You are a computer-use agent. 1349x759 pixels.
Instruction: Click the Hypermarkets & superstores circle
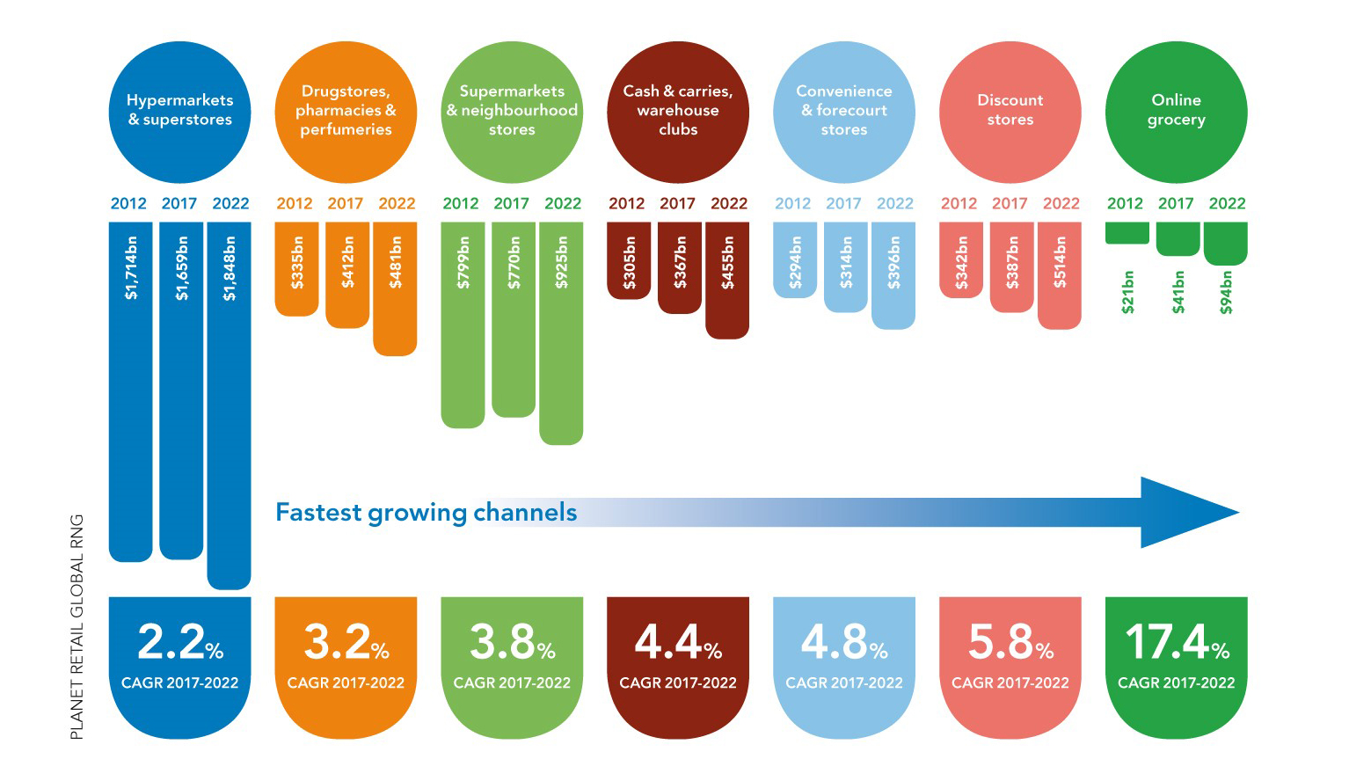[x=179, y=112]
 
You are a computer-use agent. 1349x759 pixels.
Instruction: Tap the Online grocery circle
[x=1176, y=112]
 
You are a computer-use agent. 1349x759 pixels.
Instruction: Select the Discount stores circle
[x=1010, y=112]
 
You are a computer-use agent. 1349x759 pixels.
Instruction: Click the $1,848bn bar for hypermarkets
[x=229, y=405]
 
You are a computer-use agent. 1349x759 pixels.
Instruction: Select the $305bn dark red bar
[x=629, y=260]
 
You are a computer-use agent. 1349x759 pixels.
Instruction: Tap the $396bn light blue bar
[x=893, y=274]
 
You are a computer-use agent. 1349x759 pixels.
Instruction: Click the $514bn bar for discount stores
[x=1060, y=274]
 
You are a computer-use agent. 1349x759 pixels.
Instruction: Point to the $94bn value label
[x=1226, y=292]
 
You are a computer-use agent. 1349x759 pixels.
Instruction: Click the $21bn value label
[x=1127, y=292]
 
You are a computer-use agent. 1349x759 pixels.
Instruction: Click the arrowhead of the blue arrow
[x=1187, y=513]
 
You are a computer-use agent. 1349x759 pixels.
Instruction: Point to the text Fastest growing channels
[x=427, y=512]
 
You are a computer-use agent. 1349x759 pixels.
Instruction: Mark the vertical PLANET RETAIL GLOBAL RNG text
[x=77, y=626]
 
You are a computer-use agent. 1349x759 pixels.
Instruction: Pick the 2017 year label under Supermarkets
[x=511, y=204]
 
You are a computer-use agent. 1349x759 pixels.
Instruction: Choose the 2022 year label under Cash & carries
[x=729, y=204]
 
